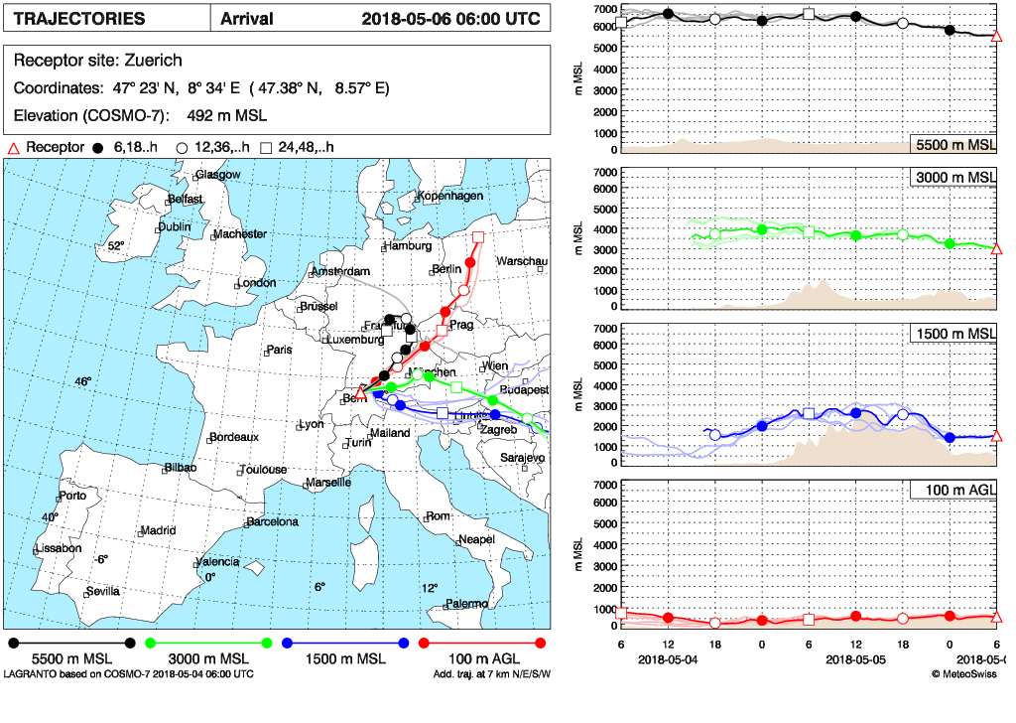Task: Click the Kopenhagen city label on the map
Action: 451,196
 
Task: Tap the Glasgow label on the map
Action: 218,175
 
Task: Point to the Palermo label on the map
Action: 466,604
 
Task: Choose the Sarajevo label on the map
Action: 521,458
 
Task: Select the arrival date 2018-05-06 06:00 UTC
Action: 450,19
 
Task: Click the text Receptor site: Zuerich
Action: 97,61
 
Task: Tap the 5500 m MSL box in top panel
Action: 953,145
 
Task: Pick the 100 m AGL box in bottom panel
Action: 953,490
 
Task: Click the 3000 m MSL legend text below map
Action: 205,659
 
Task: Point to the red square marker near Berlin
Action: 478,236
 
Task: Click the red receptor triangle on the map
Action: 361,394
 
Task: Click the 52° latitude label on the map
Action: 116,246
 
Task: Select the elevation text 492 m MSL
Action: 225,114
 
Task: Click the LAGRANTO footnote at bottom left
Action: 128,674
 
